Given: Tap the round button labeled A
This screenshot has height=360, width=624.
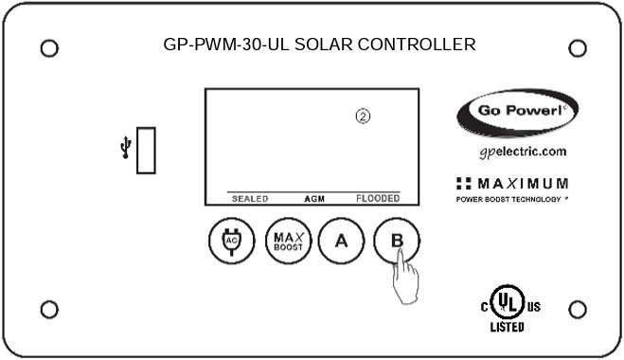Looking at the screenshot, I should [x=342, y=241].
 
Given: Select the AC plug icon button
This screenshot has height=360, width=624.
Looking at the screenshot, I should [x=229, y=241].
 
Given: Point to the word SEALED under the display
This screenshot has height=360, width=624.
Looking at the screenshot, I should [x=251, y=199].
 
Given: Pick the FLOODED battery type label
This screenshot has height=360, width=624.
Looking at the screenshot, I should [x=378, y=199].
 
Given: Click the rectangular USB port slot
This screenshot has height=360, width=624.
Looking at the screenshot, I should [x=147, y=150].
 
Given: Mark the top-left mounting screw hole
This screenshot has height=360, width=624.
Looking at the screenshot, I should [x=50, y=47].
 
